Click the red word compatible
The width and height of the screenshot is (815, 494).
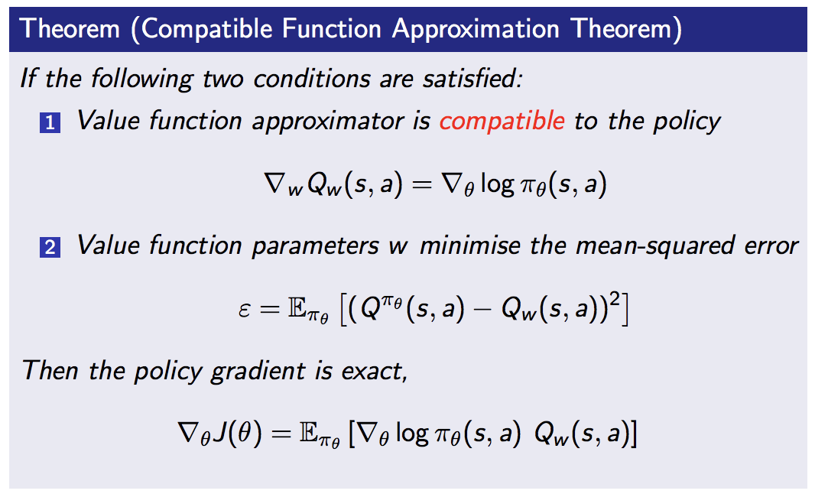tap(502, 121)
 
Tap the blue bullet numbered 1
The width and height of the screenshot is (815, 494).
tap(50, 122)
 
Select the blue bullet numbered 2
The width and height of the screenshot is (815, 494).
tap(50, 247)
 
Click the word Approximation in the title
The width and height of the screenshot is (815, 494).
tap(476, 29)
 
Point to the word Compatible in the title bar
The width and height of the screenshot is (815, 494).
tap(206, 28)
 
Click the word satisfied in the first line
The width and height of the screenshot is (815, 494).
tap(472, 79)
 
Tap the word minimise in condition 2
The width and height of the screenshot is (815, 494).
tap(470, 245)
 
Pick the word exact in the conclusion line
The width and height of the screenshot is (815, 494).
tap(374, 372)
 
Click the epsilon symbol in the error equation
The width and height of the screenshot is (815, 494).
tap(245, 310)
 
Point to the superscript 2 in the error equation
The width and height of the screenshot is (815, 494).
tap(616, 300)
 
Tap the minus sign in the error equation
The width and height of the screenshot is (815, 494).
tap(482, 310)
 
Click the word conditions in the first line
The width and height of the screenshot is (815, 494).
tap(313, 79)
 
